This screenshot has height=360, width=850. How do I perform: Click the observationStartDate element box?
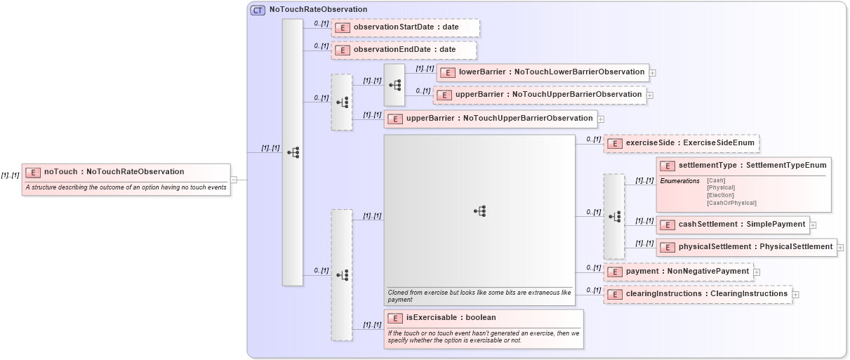(406, 27)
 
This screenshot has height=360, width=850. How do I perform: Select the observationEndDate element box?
(404, 50)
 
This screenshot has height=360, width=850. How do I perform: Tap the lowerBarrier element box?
(543, 72)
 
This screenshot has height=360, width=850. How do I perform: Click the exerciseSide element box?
(681, 143)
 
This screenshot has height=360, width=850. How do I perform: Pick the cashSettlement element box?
(733, 225)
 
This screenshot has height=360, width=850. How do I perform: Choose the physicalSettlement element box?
(747, 247)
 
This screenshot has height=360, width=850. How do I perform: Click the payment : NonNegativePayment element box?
(677, 272)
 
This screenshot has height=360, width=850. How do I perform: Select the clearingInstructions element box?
(698, 294)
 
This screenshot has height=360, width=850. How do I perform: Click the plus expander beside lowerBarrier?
(653, 72)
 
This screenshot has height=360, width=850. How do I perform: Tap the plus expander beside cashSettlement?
(814, 225)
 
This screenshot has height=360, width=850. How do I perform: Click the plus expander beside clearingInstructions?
(795, 295)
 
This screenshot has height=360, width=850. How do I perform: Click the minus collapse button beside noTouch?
(234, 180)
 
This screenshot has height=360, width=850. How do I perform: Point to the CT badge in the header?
(258, 10)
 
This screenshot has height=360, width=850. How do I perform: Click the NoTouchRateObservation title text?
(318, 10)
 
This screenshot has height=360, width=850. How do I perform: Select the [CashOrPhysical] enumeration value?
(731, 203)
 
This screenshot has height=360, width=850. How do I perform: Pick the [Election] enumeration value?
(720, 195)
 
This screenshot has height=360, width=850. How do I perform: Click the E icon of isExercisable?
(395, 319)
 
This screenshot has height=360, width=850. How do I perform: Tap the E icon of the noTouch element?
(33, 172)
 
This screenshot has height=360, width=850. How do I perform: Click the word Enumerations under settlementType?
(679, 181)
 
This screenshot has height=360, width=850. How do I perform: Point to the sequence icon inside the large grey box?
(480, 211)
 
